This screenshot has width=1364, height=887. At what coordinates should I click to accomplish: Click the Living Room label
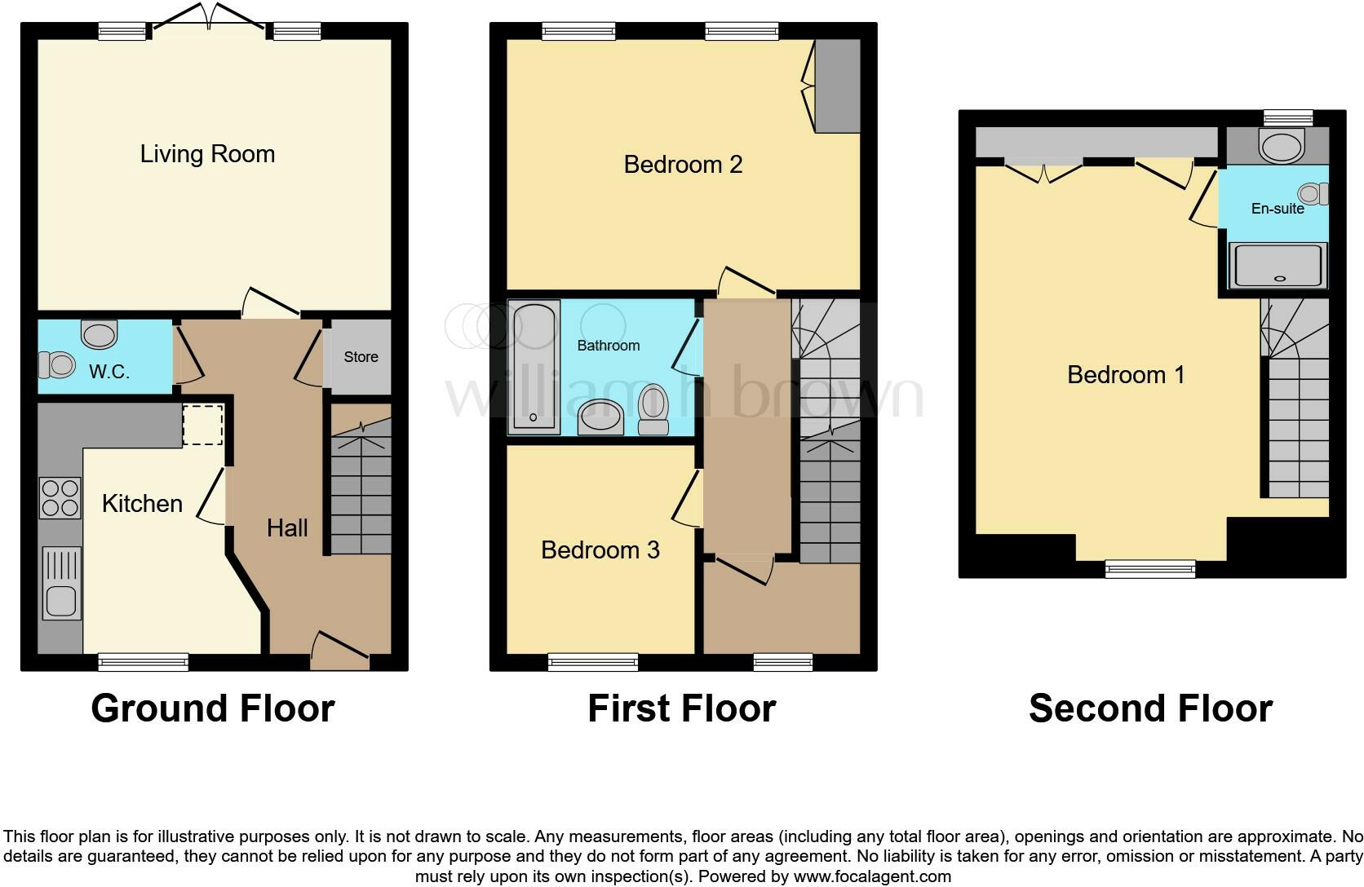[x=207, y=154]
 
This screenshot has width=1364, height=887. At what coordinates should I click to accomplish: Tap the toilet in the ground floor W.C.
[x=58, y=364]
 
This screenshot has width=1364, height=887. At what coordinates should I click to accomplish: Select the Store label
[x=361, y=357]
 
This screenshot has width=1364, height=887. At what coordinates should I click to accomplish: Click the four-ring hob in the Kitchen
[x=60, y=497]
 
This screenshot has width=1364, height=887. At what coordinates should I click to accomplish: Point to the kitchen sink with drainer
[x=62, y=583]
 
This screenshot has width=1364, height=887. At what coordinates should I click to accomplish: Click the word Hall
[x=287, y=528]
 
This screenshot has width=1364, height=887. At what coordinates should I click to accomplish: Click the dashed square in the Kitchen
[x=202, y=425]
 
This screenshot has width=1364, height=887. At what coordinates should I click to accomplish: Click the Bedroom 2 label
[x=683, y=165]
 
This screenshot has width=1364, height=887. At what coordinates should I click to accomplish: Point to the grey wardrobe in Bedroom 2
[x=838, y=86]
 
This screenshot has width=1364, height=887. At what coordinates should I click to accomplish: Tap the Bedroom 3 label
[x=600, y=550]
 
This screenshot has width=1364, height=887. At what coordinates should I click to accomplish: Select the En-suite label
[x=1278, y=209]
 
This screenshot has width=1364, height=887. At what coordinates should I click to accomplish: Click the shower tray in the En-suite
[x=1278, y=267]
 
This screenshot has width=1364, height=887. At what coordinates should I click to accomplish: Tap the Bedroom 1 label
[x=1126, y=375]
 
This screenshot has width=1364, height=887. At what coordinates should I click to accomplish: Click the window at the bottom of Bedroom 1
[x=1150, y=569]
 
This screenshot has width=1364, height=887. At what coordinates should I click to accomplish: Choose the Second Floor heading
[x=1150, y=708]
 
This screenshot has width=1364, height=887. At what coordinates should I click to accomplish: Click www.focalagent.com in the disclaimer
[x=872, y=877]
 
